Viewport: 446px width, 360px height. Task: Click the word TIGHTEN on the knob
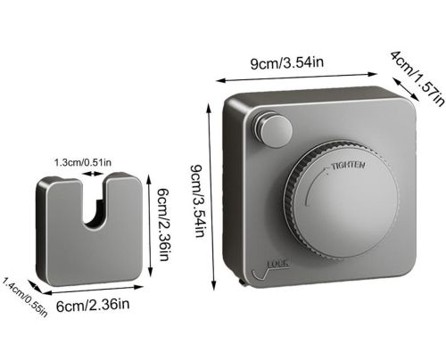[348, 166]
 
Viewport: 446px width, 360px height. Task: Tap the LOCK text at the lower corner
[278, 264]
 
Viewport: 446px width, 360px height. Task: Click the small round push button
[276, 129]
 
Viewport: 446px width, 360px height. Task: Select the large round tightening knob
[342, 202]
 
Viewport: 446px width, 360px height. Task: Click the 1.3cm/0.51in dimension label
[83, 162]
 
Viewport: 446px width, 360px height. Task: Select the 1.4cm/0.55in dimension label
[24, 298]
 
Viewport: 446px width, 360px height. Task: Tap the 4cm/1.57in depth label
[418, 78]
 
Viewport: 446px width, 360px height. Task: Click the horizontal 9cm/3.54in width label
[287, 63]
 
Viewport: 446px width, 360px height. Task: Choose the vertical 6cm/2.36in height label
[163, 225]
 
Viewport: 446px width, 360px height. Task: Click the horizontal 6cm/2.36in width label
[93, 305]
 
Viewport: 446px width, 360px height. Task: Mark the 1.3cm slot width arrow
[94, 174]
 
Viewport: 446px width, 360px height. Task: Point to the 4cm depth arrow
[406, 89]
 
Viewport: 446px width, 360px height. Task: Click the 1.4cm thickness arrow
[35, 287]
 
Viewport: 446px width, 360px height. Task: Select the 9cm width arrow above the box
[297, 78]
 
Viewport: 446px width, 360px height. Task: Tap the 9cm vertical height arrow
[211, 197]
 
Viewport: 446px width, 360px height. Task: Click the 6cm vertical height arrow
[150, 225]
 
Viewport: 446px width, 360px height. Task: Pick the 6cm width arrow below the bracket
[94, 290]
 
